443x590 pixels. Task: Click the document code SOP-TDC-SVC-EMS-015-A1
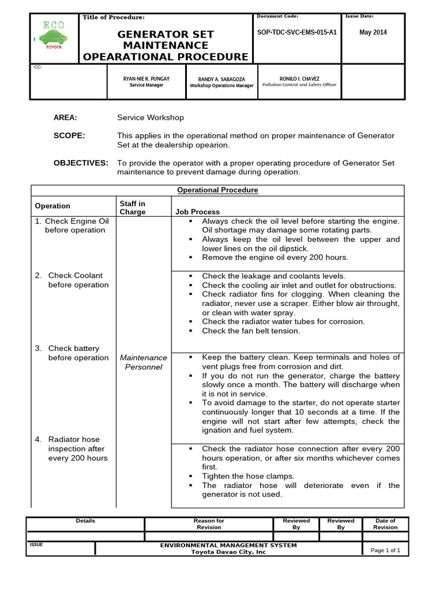296,33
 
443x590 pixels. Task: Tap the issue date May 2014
373,33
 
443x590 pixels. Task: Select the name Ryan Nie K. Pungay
146,78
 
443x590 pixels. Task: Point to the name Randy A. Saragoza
221,79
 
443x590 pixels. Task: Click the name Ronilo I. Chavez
299,78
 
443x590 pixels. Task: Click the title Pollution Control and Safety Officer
299,85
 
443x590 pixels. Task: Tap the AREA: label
65,118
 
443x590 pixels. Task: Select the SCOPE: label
69,135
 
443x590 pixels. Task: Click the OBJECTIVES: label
81,163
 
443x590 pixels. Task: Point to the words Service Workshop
151,118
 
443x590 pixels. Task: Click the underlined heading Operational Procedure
217,190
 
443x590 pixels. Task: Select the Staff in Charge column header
133,207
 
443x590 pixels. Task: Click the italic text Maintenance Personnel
144,362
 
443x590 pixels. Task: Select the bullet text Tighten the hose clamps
248,476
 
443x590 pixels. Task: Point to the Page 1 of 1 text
385,550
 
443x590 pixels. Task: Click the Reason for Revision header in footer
209,524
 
